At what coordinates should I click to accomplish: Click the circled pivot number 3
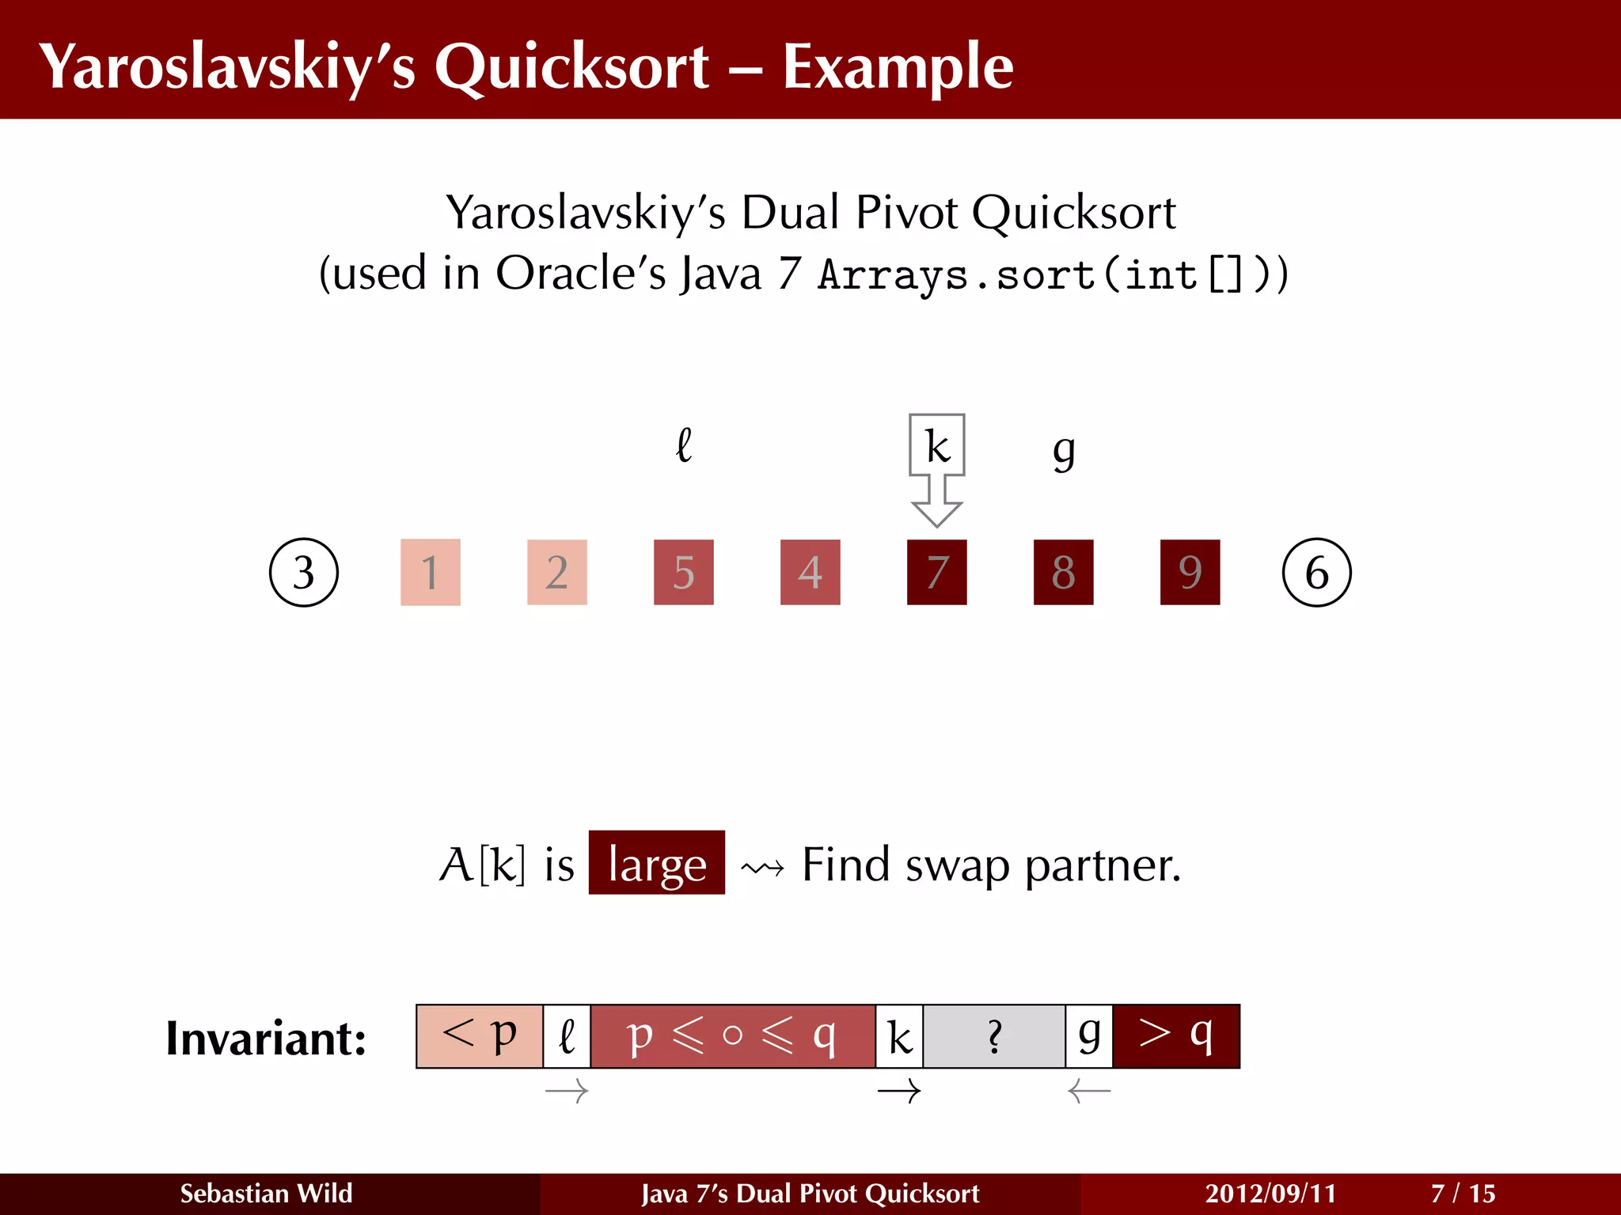[304, 572]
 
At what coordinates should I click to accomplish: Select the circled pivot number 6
[1316, 572]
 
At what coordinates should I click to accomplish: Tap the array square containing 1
[431, 572]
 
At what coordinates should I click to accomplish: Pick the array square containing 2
[557, 572]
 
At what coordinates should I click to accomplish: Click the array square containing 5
[684, 572]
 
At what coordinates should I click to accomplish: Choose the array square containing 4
[810, 572]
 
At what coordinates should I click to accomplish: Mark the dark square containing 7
[937, 572]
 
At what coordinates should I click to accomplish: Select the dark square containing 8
[1064, 572]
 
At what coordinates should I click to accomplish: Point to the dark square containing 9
[1190, 572]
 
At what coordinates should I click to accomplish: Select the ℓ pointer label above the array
[684, 445]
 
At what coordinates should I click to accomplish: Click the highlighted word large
[657, 863]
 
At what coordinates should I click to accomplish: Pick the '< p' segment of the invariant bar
[480, 1036]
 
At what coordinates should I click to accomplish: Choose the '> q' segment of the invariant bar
[1176, 1036]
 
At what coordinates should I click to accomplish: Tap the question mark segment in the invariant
[994, 1036]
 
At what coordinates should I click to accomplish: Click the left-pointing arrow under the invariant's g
[1089, 1092]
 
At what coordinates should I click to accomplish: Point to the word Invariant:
[266, 1038]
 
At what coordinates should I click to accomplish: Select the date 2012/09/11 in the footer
[1270, 1193]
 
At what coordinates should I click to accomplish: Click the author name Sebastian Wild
[266, 1193]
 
